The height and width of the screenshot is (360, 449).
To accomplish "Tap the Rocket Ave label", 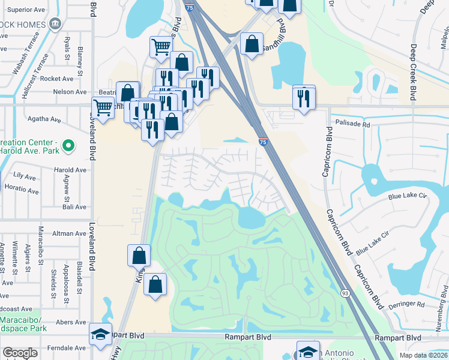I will (58, 79).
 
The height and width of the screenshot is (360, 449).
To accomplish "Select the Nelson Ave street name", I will (70, 92).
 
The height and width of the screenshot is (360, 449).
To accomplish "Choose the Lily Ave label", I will (25, 176).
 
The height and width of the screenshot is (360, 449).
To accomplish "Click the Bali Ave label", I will (75, 207).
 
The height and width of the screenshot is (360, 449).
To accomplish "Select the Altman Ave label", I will (70, 233).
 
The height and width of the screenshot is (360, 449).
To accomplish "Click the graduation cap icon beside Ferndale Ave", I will (100, 335).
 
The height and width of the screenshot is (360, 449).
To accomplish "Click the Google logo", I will (20, 353).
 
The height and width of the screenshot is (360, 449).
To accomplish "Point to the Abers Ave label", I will (71, 322).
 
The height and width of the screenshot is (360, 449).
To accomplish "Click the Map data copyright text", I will (423, 355).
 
